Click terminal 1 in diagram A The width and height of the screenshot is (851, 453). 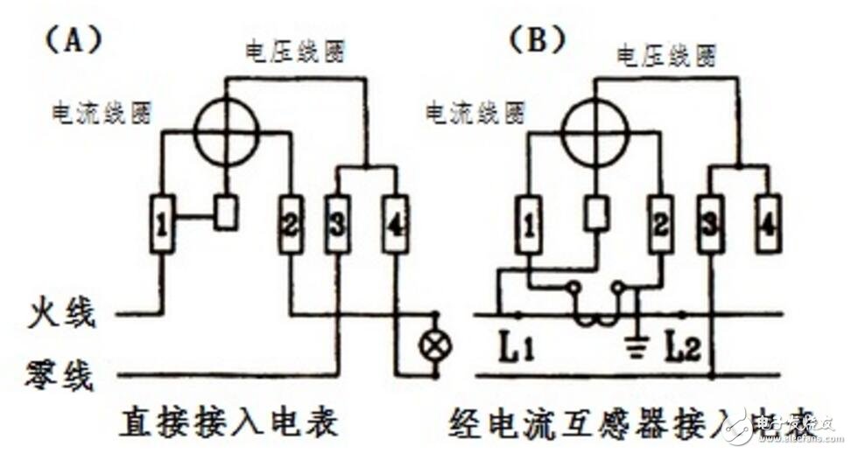(162, 225)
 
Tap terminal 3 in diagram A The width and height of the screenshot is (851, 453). (337, 225)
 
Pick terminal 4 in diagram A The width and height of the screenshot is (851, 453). (395, 225)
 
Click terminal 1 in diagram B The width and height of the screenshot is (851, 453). (529, 225)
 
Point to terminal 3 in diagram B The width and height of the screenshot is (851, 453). (710, 225)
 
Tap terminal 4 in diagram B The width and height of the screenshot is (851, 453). (767, 225)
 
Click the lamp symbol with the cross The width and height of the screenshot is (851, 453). (436, 345)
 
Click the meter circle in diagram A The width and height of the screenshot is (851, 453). (227, 135)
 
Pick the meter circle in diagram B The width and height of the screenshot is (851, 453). (594, 135)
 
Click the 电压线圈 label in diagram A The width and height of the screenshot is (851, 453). (294, 52)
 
